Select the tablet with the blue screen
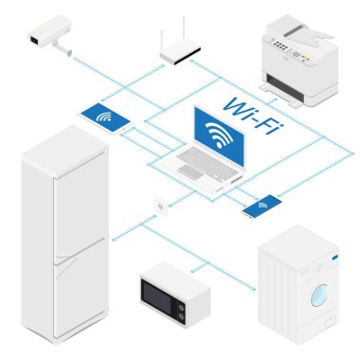(106, 118)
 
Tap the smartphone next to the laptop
(261, 206)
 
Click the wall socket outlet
(158, 205)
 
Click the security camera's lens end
(33, 40)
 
